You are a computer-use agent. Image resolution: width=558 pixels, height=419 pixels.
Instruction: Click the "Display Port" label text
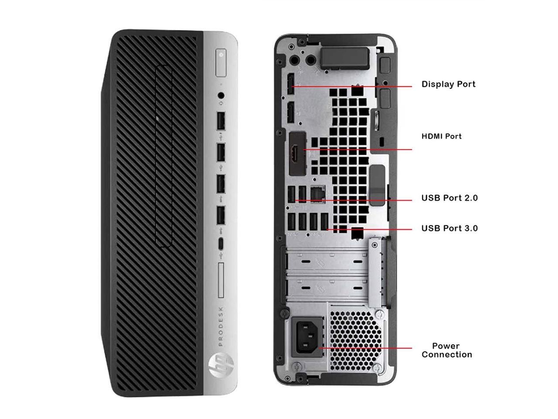[448, 84]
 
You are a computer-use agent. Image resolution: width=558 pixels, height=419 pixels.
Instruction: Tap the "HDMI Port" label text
[441, 136]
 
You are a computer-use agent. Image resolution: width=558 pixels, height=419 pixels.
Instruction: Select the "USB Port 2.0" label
[449, 198]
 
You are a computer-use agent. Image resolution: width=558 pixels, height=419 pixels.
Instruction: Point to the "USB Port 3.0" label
[449, 228]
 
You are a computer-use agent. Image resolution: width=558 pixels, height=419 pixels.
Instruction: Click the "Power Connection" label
[446, 350]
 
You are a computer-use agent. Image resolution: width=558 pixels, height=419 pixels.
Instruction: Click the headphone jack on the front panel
[221, 95]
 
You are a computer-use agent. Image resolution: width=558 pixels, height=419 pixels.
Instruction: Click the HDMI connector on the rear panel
[297, 153]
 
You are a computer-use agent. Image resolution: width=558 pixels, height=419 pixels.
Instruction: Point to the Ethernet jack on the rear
[317, 193]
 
